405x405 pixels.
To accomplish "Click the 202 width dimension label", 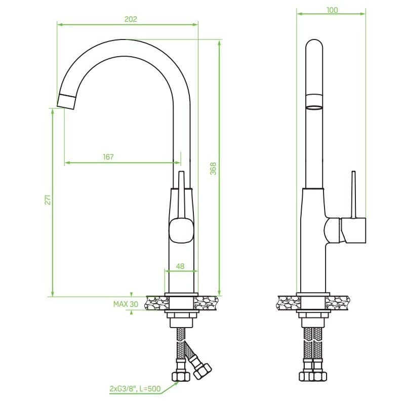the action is click(131, 19).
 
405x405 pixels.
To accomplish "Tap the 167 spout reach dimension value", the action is click(108, 157).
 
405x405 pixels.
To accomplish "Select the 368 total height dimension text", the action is click(213, 169).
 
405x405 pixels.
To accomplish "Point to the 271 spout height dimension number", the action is click(48, 199).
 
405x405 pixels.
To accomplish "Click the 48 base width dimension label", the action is click(180, 266).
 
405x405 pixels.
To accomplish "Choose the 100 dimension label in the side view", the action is click(332, 10).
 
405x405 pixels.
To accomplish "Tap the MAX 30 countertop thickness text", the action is click(126, 304).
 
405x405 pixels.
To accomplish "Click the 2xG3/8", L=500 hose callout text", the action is click(135, 388).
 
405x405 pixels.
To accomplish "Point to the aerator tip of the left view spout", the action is click(66, 102).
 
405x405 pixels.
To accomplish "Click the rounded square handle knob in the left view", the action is click(181, 230).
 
